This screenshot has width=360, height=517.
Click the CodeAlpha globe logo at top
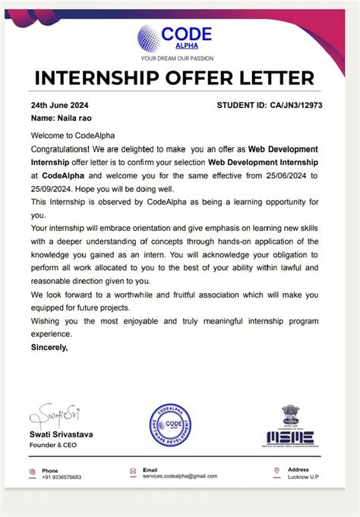click(x=150, y=37)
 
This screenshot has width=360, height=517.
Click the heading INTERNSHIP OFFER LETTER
click(x=174, y=78)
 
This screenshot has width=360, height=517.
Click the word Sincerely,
click(x=49, y=347)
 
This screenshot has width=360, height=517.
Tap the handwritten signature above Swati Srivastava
click(x=55, y=415)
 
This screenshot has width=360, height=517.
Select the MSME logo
click(x=290, y=435)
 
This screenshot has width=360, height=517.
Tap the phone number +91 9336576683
click(x=62, y=477)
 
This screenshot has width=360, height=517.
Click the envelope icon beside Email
click(x=134, y=471)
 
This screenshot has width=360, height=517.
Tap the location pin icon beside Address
click(x=277, y=471)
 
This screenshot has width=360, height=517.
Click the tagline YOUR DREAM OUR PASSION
click(x=178, y=58)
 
